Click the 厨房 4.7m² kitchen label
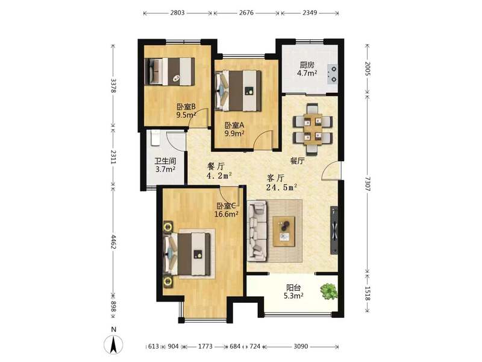tap(307, 69)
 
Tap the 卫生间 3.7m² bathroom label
tap(165, 165)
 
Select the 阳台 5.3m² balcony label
tap(295, 292)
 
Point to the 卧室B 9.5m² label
tap(186, 111)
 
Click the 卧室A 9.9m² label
tap(234, 129)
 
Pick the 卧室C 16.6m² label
tap(227, 210)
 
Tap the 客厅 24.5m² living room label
tap(281, 183)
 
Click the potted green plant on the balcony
tap(328, 291)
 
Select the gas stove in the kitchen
tap(333, 74)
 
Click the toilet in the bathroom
tap(155, 138)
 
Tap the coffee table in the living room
tap(284, 231)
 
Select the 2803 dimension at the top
tap(177, 13)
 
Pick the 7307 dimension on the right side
tap(368, 184)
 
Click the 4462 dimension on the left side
tap(113, 242)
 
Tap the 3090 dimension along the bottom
tap(301, 346)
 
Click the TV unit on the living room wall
tap(334, 230)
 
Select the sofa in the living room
tap(257, 231)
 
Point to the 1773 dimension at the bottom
tap(205, 346)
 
